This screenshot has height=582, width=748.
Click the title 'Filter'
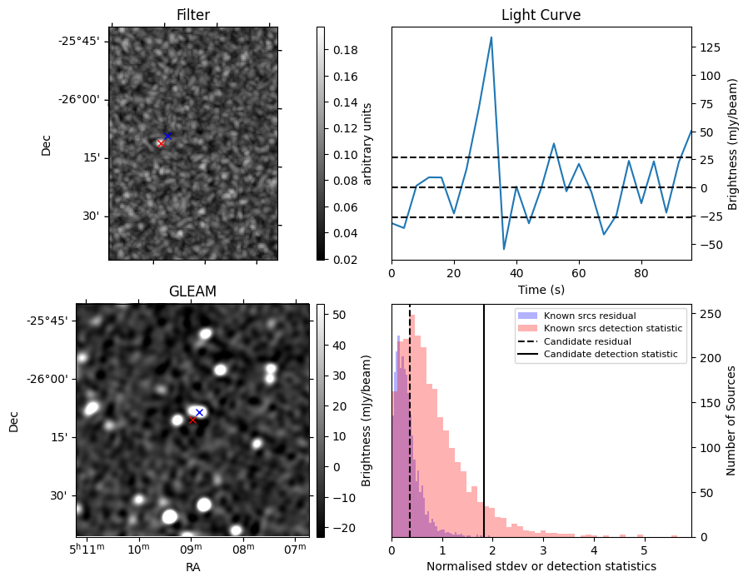tap(193, 15)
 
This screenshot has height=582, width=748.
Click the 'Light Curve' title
tap(541, 15)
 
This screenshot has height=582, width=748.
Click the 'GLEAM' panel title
tap(192, 291)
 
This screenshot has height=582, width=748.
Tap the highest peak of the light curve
tap(491, 37)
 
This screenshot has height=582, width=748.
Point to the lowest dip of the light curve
tap(504, 248)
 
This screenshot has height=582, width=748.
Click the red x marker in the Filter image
tap(161, 143)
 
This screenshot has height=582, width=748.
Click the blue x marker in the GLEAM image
tap(199, 412)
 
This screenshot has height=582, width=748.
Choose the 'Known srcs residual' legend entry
tap(590, 316)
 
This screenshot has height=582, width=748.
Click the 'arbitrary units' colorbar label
tap(367, 143)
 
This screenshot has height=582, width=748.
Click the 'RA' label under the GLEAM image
tap(192, 567)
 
